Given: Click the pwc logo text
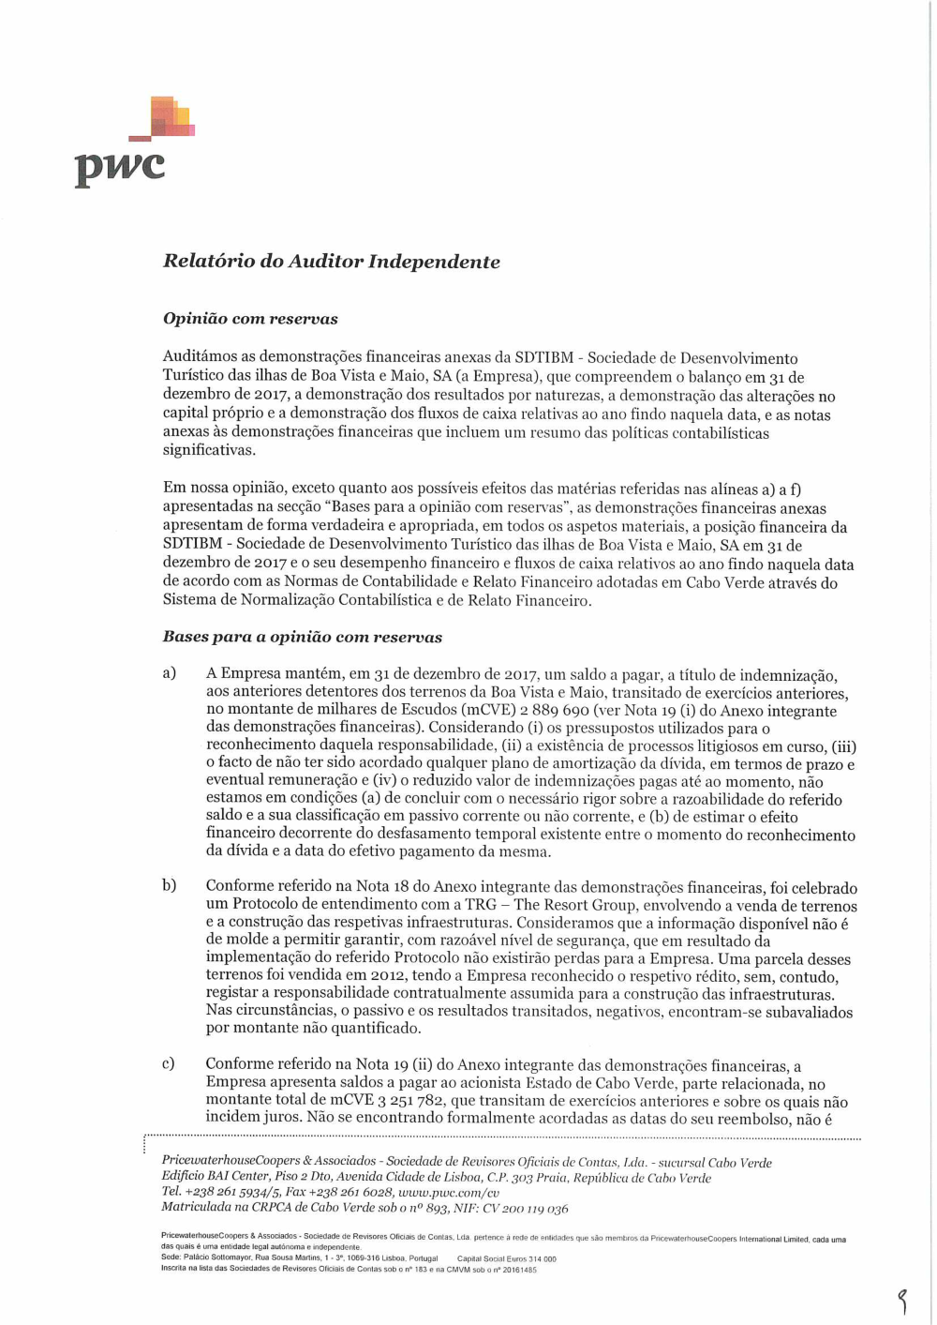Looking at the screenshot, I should pyautogui.click(x=120, y=167).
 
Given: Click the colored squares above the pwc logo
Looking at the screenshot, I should pyautogui.click(x=170, y=117).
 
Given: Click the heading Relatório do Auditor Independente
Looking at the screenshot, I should pyautogui.click(x=331, y=262).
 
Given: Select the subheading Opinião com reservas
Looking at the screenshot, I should pyautogui.click(x=250, y=319).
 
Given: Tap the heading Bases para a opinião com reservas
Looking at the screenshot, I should pyautogui.click(x=302, y=637).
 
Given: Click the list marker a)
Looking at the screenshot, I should pyautogui.click(x=170, y=673).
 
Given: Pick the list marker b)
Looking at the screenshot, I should pyautogui.click(x=170, y=885).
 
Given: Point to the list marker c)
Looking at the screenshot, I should pyautogui.click(x=169, y=1063).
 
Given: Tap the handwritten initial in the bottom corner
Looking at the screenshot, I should pyautogui.click(x=902, y=1301).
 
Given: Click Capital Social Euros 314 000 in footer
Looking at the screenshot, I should pyautogui.click(x=506, y=1259).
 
